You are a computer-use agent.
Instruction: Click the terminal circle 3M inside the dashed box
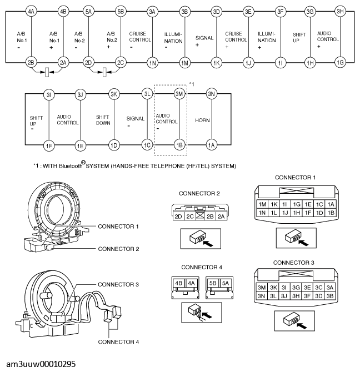click(179, 94)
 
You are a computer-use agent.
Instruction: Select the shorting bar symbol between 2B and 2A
click(47, 72)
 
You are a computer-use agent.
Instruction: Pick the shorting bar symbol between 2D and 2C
click(104, 72)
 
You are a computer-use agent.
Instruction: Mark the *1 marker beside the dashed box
click(192, 84)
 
